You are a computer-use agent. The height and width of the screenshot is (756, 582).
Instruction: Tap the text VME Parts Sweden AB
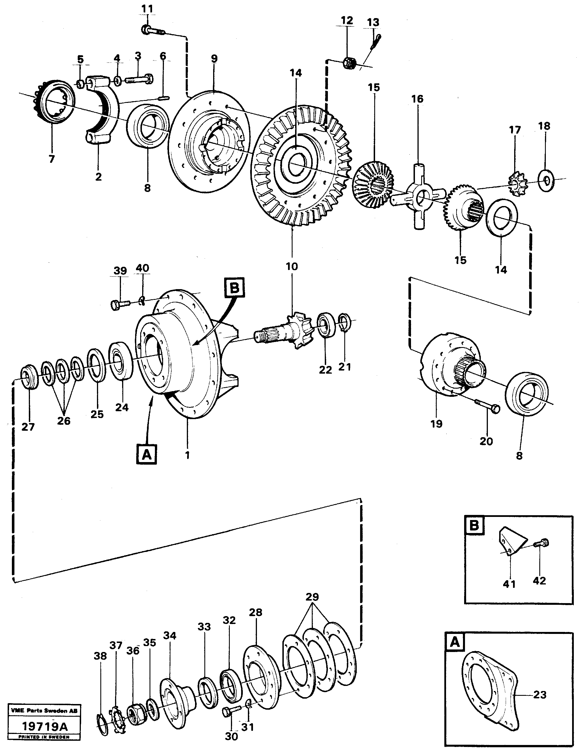[x=44, y=720]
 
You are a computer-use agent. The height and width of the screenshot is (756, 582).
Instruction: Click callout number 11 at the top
[x=147, y=8]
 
